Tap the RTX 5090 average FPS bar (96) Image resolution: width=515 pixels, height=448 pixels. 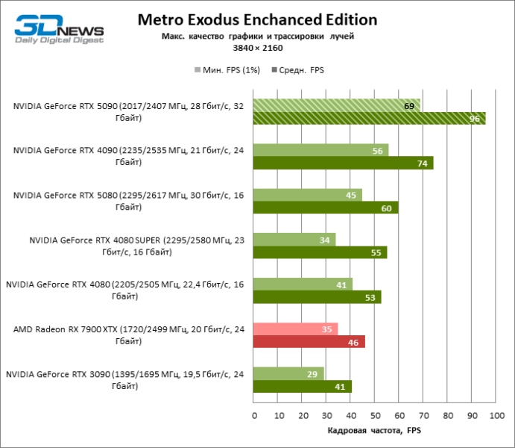[370, 118]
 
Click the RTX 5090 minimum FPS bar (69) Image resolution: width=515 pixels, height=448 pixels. [337, 105]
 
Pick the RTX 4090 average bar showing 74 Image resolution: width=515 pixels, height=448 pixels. [344, 163]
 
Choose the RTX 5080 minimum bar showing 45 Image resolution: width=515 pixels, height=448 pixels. [308, 195]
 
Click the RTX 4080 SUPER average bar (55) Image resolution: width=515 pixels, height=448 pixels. [320, 252]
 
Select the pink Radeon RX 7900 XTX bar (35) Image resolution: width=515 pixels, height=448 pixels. [296, 329]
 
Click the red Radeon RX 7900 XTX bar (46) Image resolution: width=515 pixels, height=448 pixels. [309, 342]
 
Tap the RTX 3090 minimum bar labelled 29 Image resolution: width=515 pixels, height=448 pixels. [289, 374]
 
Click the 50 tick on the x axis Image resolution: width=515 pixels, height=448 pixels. [374, 414]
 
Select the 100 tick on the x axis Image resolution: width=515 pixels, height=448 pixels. [495, 414]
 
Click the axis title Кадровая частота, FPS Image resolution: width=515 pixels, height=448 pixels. [374, 431]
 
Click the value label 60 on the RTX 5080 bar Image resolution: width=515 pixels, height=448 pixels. [385, 208]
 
